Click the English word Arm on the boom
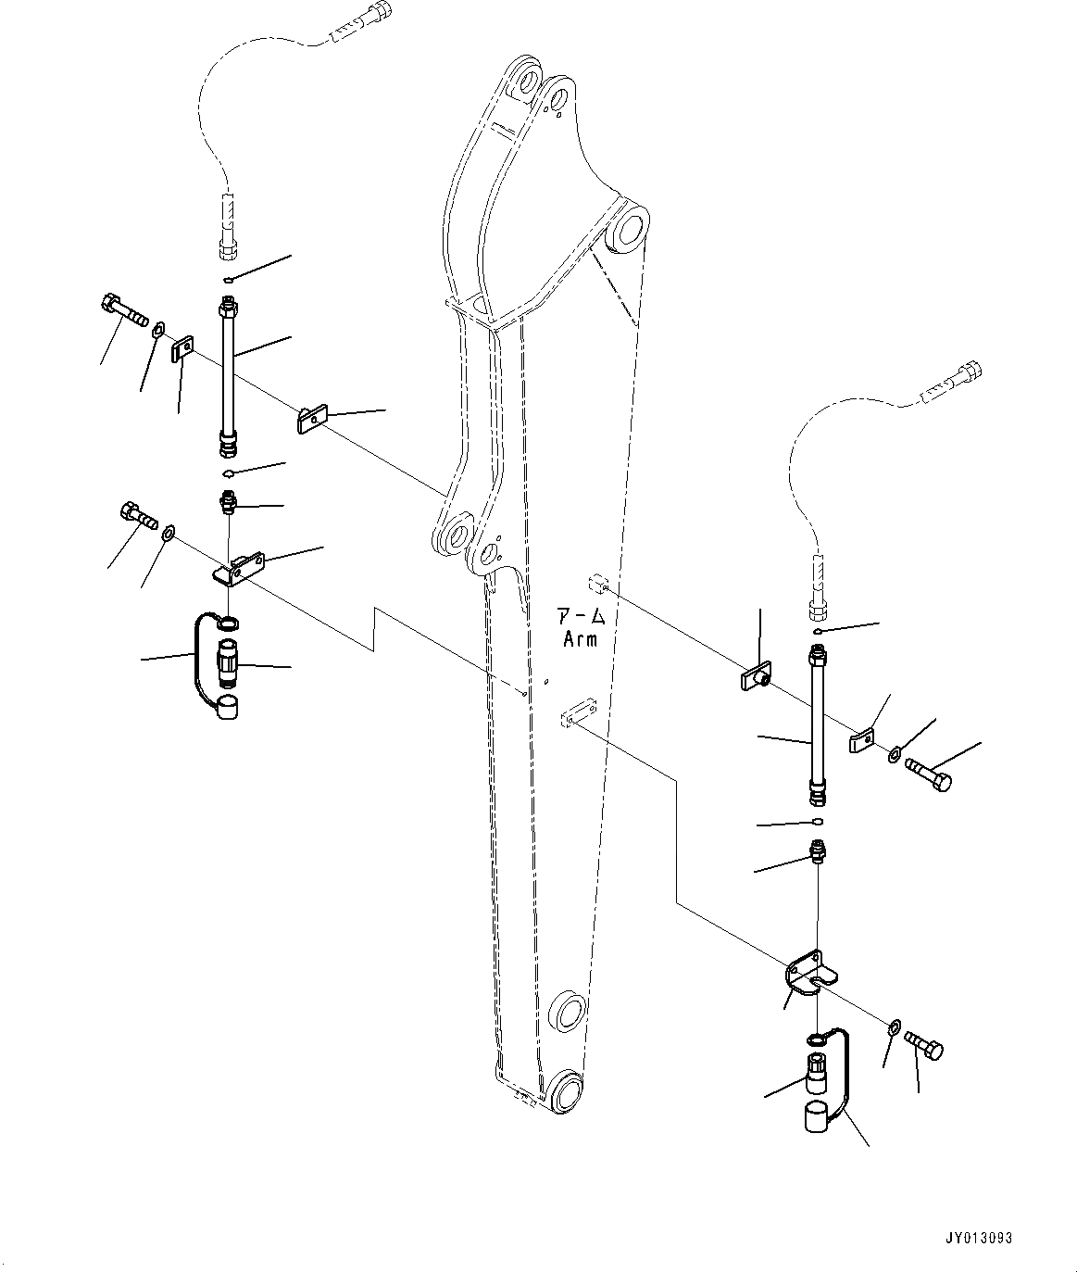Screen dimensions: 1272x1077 click(581, 639)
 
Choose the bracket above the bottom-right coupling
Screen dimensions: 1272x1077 click(808, 974)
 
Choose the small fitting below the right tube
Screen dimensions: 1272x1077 click(818, 850)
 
